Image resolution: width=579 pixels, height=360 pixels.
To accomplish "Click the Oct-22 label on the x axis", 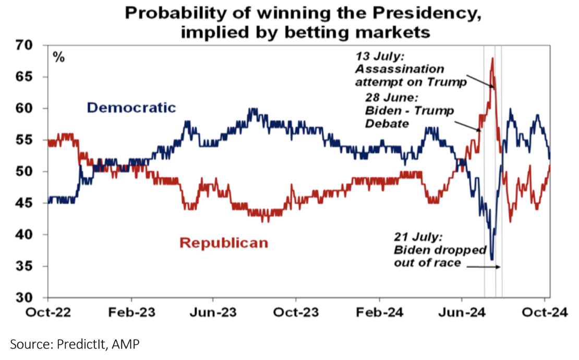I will pos(48,315).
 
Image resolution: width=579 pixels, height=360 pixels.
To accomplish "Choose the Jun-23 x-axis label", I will pos(213,315).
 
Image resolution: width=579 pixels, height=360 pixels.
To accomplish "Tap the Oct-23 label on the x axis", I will pos(296,315).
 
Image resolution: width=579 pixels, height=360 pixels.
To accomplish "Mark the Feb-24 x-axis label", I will pos(379,315).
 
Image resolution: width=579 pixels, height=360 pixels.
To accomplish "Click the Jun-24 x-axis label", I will pos(462,315).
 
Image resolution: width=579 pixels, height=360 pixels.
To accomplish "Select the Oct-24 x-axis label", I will pos(545,315).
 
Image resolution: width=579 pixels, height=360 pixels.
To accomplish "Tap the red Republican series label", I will pos(224,243).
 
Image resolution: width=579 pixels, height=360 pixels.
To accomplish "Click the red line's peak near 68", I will pos(492,58).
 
